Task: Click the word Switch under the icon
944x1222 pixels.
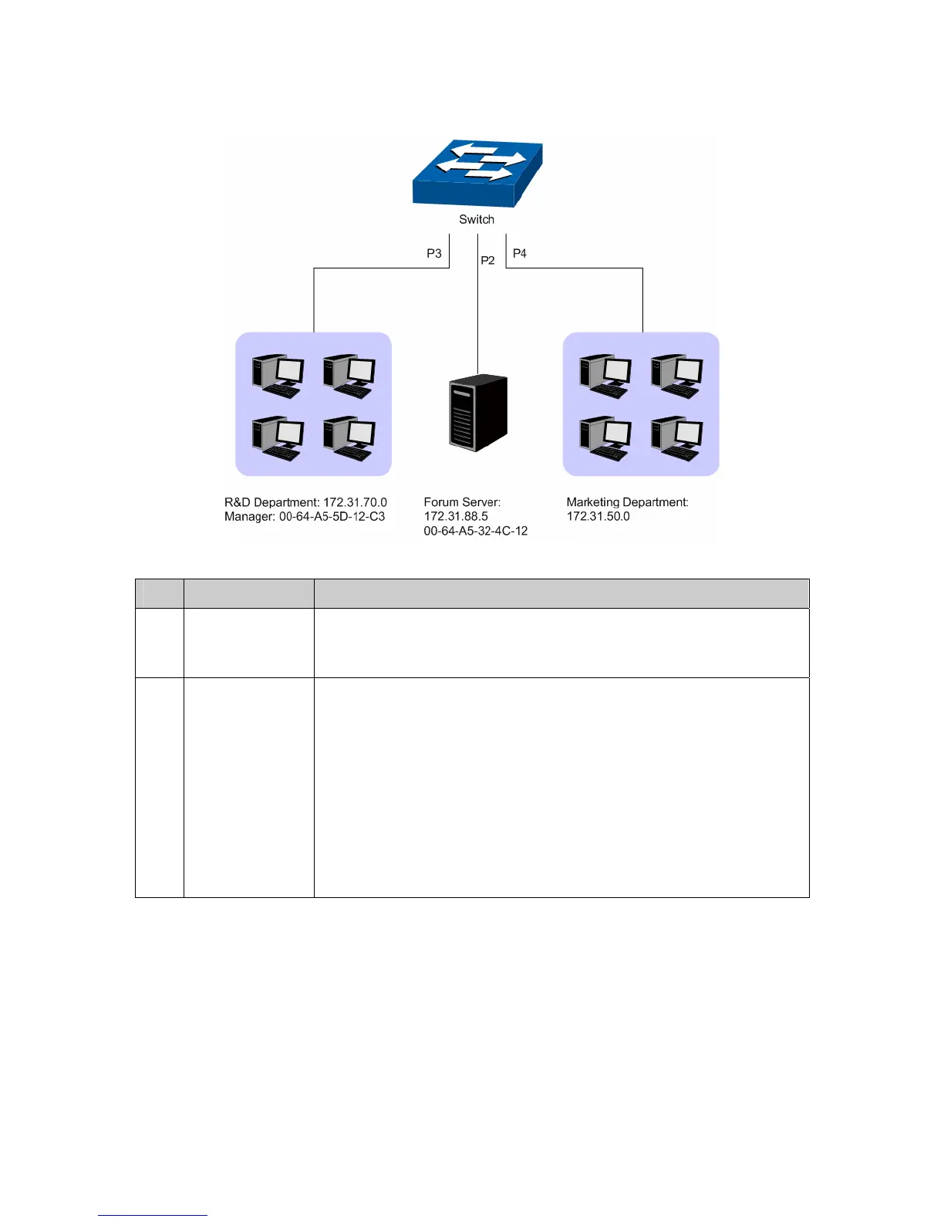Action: [x=477, y=219]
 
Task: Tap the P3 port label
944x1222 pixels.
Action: [x=434, y=253]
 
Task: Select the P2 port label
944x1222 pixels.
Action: [x=487, y=261]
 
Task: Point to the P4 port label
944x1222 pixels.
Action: [x=520, y=253]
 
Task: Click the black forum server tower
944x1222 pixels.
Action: [x=478, y=413]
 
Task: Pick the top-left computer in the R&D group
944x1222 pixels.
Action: [x=278, y=376]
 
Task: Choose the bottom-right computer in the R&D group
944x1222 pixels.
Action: [x=349, y=438]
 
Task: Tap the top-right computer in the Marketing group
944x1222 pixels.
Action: [x=676, y=376]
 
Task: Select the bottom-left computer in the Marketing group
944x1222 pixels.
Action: [x=605, y=438]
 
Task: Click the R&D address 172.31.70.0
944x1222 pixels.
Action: [x=355, y=502]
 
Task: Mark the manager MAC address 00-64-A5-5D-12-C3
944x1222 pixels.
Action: [x=332, y=517]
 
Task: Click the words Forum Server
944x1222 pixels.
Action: [x=462, y=502]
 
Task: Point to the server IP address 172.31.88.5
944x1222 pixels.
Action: [x=456, y=517]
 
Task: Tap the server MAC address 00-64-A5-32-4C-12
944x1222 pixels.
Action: [x=476, y=532]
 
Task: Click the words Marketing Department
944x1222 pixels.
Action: [x=627, y=502]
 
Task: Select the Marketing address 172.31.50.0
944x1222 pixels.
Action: [x=598, y=517]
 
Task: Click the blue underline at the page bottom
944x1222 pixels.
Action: [x=153, y=1215]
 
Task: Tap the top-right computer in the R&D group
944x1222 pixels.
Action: [x=349, y=376]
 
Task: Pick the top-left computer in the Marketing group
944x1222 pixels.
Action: [x=605, y=376]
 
